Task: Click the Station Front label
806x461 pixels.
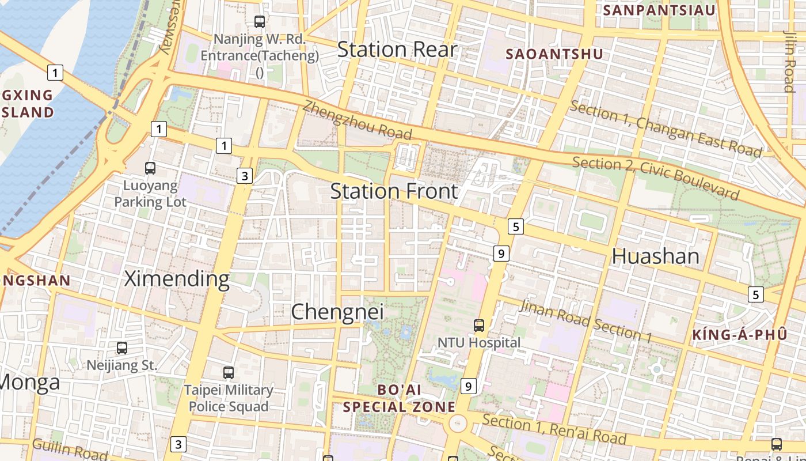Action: pyautogui.click(x=394, y=191)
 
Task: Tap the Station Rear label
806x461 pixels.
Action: pyautogui.click(x=397, y=50)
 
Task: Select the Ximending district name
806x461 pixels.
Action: pyautogui.click(x=177, y=279)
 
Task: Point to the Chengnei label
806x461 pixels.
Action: pyautogui.click(x=337, y=312)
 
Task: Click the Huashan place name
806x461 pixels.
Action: pyautogui.click(x=655, y=256)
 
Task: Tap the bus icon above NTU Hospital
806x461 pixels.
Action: pyautogui.click(x=479, y=326)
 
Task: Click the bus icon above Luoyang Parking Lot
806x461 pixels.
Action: pyautogui.click(x=150, y=168)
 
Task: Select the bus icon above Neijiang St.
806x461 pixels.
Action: pyautogui.click(x=122, y=348)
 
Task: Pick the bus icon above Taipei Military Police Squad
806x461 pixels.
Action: pyautogui.click(x=229, y=373)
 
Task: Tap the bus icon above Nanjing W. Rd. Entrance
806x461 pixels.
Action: pyautogui.click(x=260, y=22)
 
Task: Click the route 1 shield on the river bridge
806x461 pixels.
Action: pyautogui.click(x=55, y=73)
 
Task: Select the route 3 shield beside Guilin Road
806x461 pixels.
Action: pyautogui.click(x=178, y=444)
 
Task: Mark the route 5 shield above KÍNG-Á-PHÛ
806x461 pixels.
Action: pyautogui.click(x=756, y=294)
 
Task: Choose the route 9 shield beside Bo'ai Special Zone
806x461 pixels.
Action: pyautogui.click(x=469, y=386)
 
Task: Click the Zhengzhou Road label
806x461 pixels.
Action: pyautogui.click(x=358, y=120)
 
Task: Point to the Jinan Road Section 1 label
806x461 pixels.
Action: pyautogui.click(x=586, y=320)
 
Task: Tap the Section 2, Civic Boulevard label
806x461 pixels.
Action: pyautogui.click(x=655, y=177)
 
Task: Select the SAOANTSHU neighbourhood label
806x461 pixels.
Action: pyautogui.click(x=554, y=54)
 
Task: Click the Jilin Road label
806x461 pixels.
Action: pyautogui.click(x=789, y=61)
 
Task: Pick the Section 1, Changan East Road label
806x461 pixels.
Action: pyautogui.click(x=666, y=129)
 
